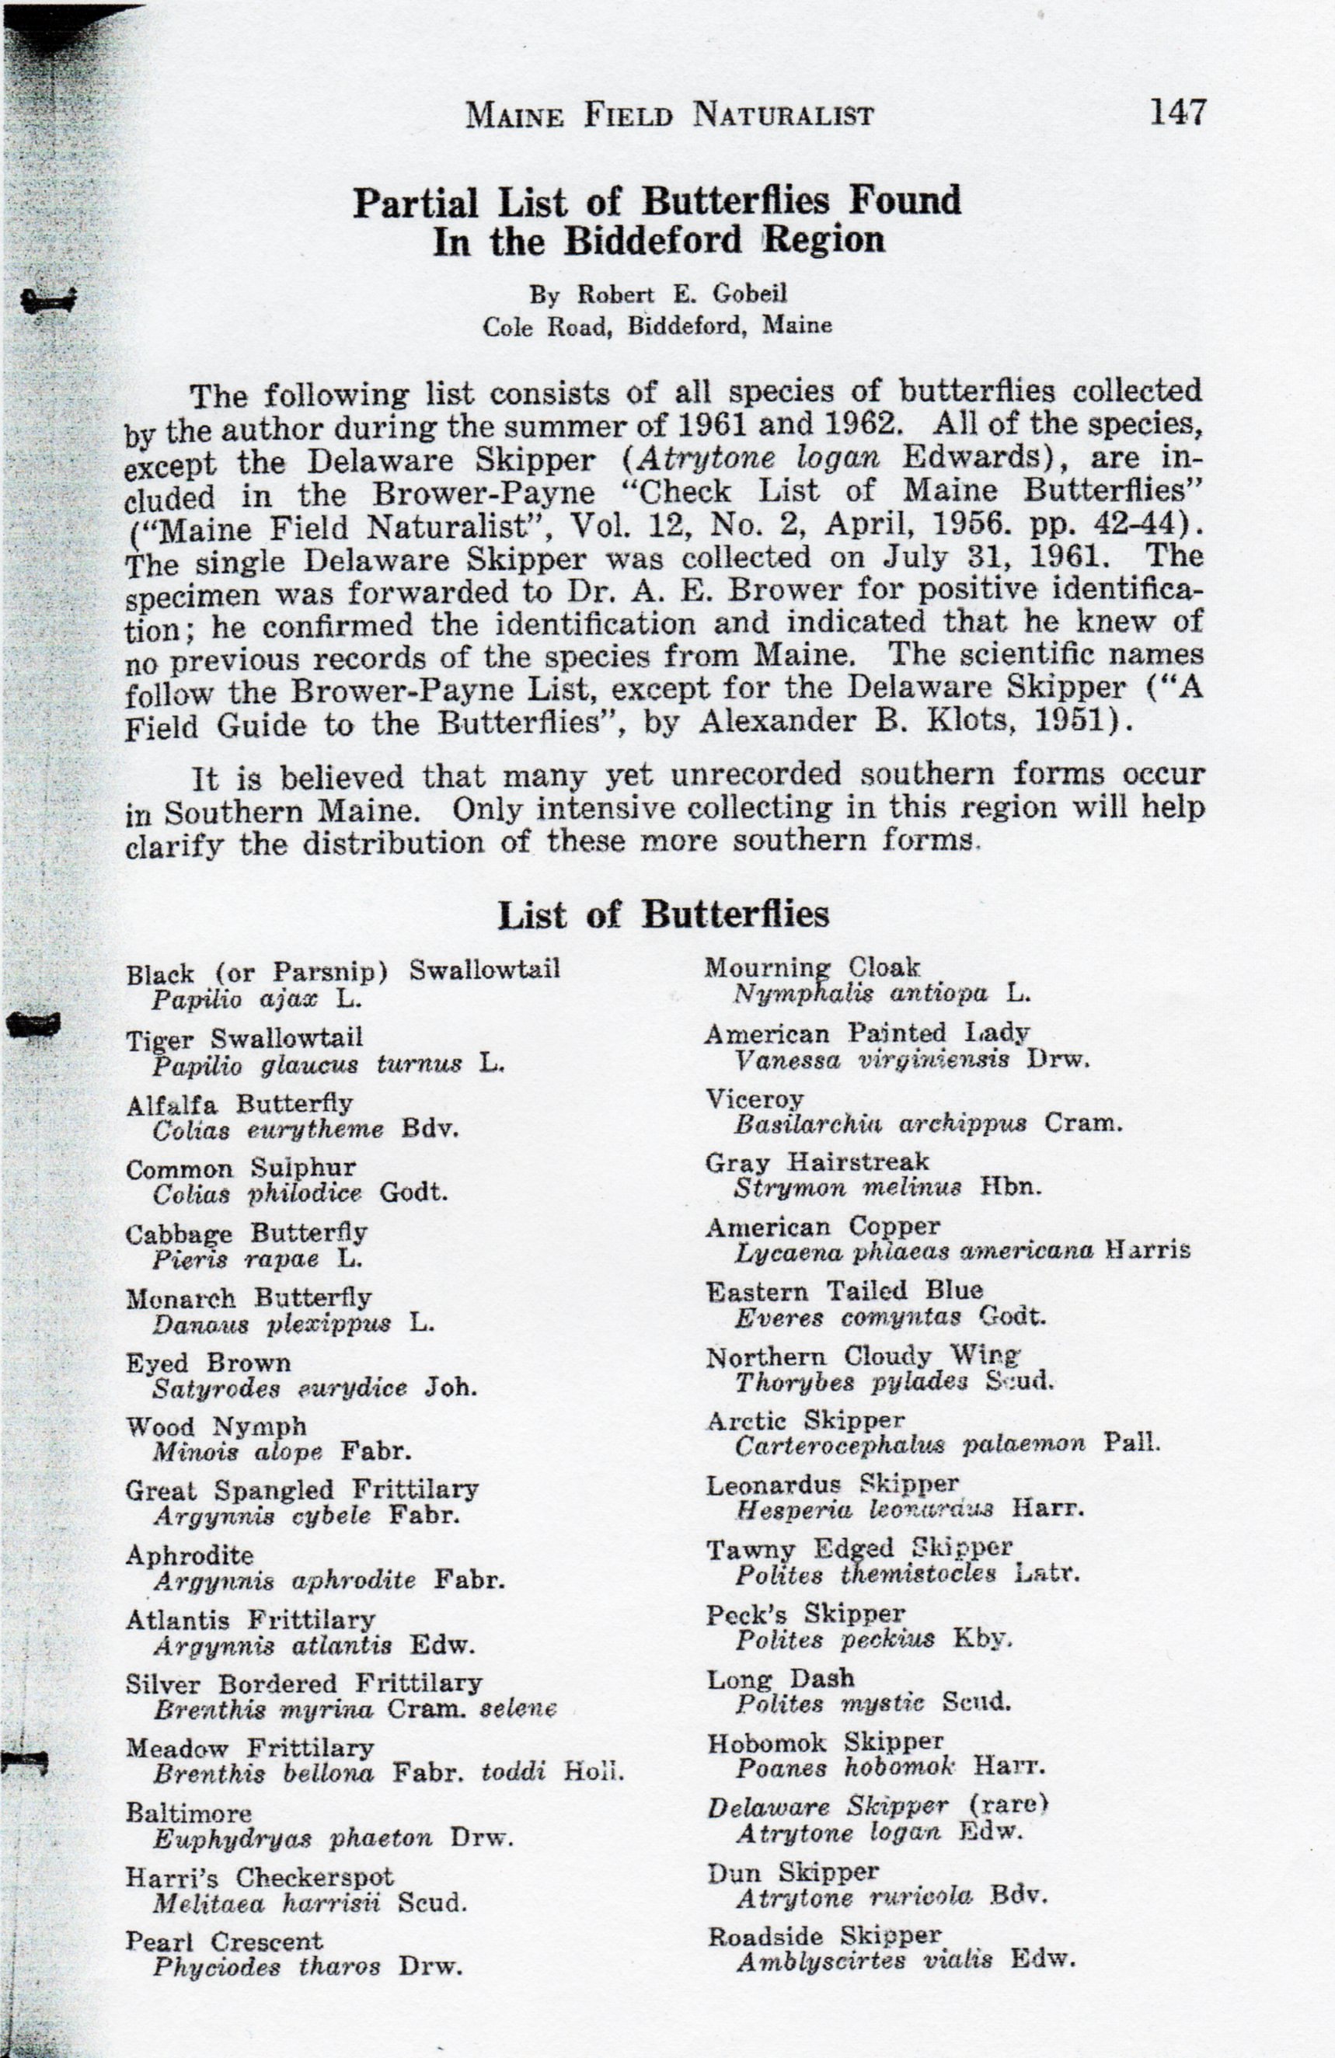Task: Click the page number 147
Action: (x=1176, y=113)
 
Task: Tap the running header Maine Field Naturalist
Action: (x=669, y=115)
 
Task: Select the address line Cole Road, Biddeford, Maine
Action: (x=657, y=326)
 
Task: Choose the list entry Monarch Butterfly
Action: (x=248, y=1298)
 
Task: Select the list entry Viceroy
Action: (x=754, y=1099)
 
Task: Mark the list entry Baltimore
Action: (x=189, y=1813)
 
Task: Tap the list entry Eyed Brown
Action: (x=208, y=1363)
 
